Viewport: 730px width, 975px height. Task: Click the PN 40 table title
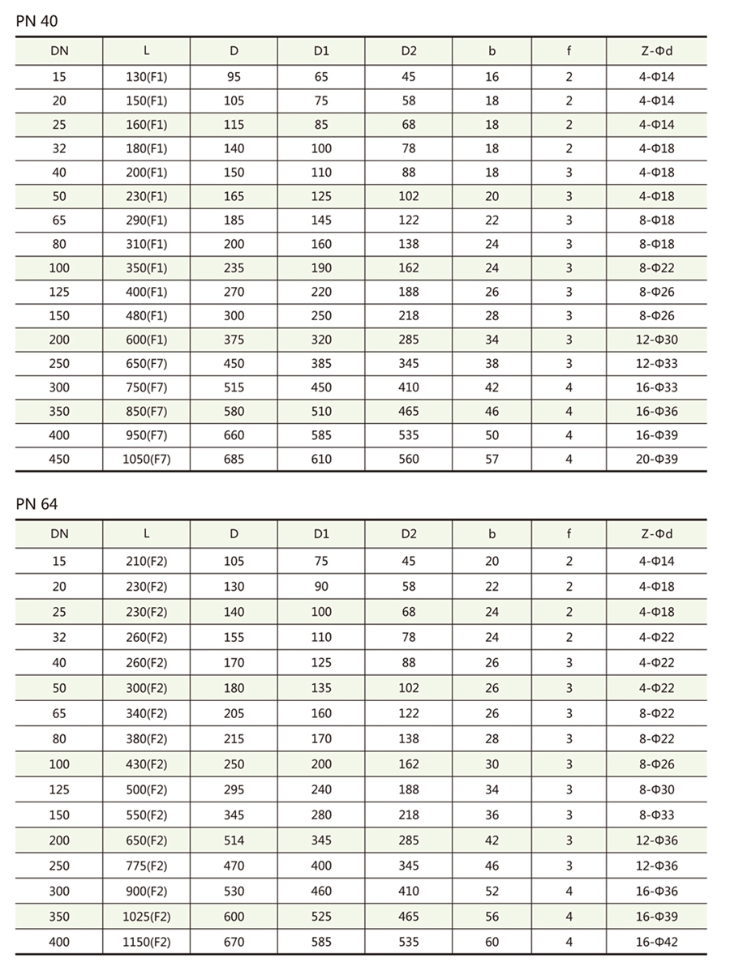[x=36, y=21]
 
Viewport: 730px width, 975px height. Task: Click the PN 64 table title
[x=36, y=504]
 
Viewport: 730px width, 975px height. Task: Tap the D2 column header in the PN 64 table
[x=409, y=533]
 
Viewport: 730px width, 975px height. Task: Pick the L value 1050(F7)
[x=146, y=459]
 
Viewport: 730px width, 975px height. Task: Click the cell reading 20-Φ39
[x=656, y=459]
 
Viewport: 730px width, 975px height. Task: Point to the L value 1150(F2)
[x=146, y=943]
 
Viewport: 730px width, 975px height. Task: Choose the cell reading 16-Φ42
[x=656, y=943]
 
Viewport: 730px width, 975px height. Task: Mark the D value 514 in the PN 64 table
[x=234, y=840]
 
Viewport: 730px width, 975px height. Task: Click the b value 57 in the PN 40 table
[x=492, y=459]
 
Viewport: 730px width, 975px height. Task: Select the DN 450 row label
[x=59, y=459]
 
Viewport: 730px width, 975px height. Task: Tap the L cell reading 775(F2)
[x=146, y=866]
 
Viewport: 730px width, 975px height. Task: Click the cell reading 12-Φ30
[x=656, y=340]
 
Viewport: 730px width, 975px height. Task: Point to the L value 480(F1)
[x=146, y=315]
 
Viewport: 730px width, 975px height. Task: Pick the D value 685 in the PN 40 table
[x=234, y=459]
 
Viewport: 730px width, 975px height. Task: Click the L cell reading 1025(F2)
[x=146, y=917]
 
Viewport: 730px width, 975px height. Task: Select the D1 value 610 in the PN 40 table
[x=321, y=459]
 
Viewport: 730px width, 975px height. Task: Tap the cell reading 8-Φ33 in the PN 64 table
[x=656, y=815]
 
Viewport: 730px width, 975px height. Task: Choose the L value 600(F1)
[x=146, y=340]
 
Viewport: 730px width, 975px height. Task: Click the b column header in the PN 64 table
[x=492, y=533]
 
